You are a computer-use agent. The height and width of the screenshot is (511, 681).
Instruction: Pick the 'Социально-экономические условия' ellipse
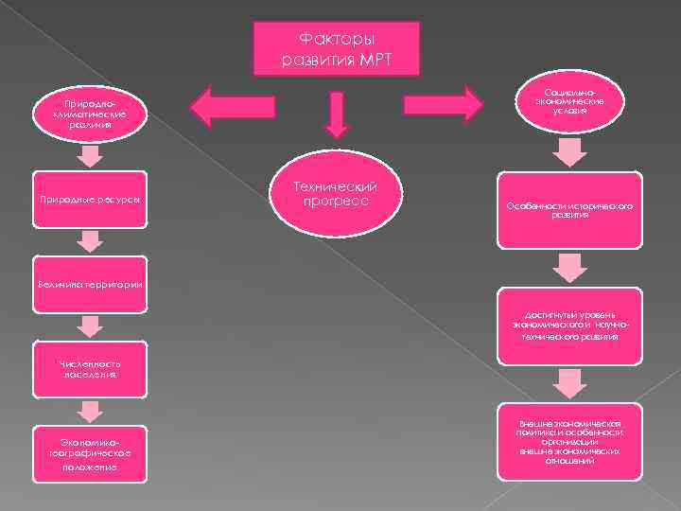coord(571,97)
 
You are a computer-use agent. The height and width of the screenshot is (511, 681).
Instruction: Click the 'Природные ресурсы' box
coord(90,200)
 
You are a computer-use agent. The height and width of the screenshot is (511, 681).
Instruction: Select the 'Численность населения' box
coord(89,367)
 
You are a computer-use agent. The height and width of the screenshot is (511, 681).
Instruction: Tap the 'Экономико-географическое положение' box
coord(90,452)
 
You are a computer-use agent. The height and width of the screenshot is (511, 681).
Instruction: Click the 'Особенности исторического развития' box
coord(569,209)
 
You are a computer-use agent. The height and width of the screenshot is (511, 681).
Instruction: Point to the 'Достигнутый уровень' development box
coord(569,326)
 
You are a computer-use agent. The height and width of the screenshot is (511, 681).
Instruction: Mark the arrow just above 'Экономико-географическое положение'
coord(90,410)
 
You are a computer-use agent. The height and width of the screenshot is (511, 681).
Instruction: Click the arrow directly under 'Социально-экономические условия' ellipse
coord(569,151)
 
